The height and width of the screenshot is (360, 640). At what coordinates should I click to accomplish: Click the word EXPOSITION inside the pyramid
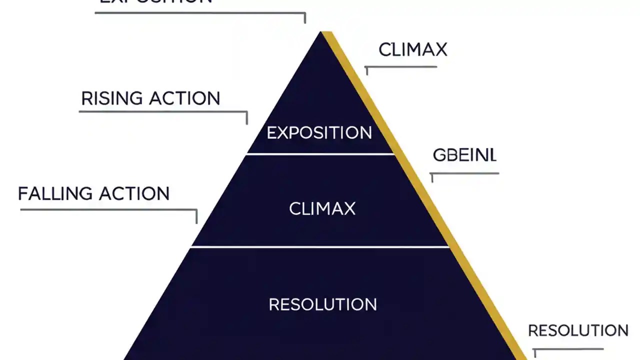319,133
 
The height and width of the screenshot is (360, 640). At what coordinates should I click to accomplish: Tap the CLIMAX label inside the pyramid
322,208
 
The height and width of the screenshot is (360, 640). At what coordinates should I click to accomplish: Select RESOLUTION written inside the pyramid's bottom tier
322,304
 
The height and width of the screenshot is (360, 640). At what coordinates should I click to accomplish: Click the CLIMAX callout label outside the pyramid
412,50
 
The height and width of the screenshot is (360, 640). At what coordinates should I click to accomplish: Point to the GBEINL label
464,155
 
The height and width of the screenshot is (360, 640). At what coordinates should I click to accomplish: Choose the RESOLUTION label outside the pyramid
578,330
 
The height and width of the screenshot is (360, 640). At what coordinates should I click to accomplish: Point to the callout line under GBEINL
465,173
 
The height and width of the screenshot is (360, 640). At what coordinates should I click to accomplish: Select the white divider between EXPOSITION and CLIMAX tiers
320,153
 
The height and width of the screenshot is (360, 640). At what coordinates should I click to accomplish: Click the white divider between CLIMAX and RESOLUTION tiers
320,246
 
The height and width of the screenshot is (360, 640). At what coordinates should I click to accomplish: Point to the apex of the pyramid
321,33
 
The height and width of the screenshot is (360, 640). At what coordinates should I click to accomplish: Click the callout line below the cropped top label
200,12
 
